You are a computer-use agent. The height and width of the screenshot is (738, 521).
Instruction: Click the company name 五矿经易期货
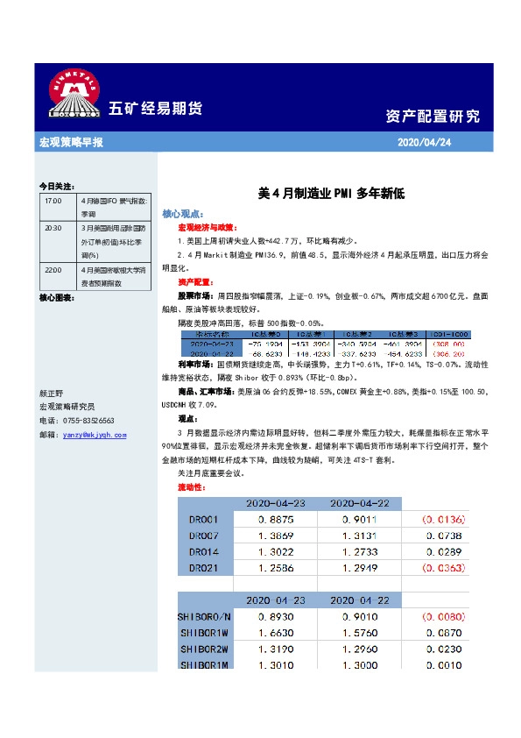click(155, 109)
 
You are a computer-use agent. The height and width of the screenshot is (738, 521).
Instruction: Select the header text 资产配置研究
click(433, 117)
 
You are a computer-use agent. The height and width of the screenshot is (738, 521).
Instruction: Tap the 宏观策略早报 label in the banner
click(72, 142)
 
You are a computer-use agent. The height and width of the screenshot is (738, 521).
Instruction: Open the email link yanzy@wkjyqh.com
click(95, 434)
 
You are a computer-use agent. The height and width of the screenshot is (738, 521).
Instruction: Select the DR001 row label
click(207, 519)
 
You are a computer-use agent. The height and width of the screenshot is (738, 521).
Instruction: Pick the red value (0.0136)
click(447, 519)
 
